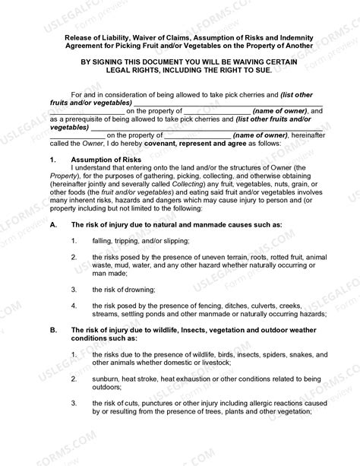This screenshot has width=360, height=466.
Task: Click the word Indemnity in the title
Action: [304, 36]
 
